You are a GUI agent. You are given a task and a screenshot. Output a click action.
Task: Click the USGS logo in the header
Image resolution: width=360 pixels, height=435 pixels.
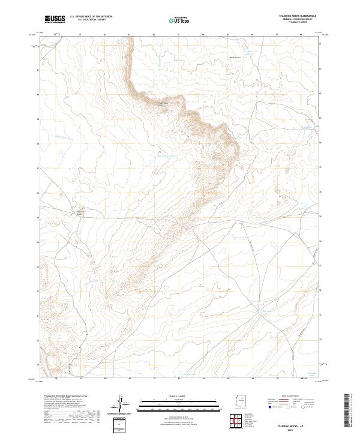click(x=55, y=19)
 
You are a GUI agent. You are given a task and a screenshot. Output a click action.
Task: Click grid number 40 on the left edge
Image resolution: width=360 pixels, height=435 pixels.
click(x=38, y=94)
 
